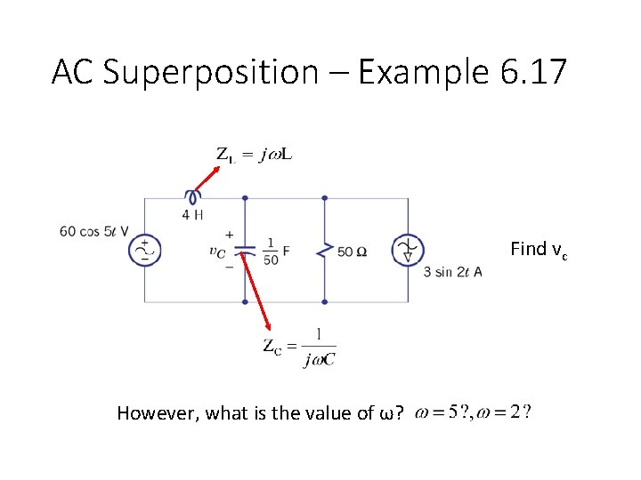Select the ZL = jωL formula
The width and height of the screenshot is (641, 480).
255,155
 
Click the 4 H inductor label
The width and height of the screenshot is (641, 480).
192,214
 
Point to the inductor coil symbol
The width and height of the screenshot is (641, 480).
192,197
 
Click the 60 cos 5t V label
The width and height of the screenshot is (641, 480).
94,231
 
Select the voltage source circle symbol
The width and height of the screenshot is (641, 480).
144,252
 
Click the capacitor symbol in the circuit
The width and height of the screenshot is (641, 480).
245,252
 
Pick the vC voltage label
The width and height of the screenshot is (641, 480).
217,252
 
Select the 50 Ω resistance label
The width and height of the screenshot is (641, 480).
353,252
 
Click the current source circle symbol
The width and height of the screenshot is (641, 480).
408,252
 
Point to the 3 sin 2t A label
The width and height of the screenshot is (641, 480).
453,272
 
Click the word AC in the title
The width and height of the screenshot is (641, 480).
72,72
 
